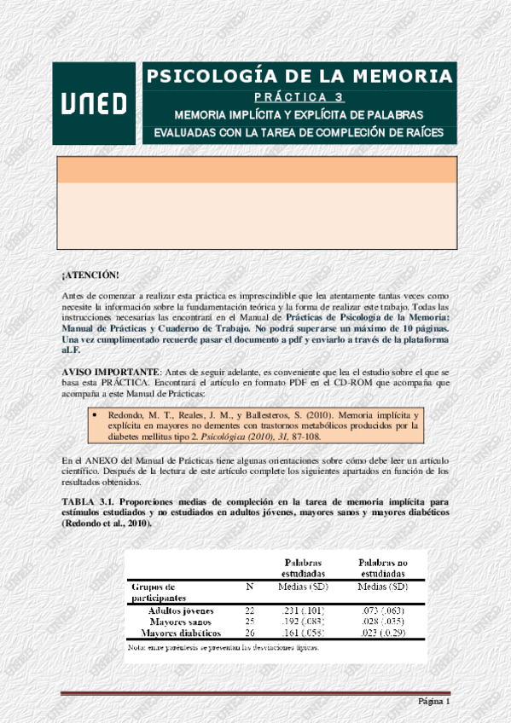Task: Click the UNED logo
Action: coord(94,103)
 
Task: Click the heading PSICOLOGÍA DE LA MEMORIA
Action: coord(299,76)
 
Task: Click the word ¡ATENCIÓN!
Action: coord(90,275)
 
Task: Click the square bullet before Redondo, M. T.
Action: coord(95,415)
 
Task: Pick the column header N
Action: coord(249,587)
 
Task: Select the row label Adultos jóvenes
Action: coord(181,610)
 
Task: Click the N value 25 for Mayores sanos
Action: coord(249,622)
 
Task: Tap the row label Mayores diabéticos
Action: coord(181,633)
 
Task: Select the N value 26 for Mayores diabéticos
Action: coord(249,633)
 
